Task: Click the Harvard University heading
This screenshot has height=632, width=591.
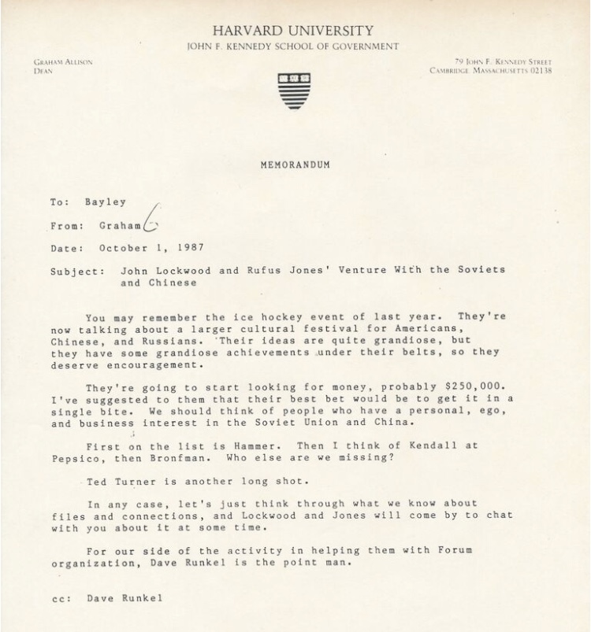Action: pos(292,31)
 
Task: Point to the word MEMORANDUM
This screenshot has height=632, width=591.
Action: pos(295,164)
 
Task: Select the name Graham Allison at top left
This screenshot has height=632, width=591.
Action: pos(63,61)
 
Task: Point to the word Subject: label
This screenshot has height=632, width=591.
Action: pos(76,270)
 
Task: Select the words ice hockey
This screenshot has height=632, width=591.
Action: pos(224,317)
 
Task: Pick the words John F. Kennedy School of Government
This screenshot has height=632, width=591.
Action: pos(292,47)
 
